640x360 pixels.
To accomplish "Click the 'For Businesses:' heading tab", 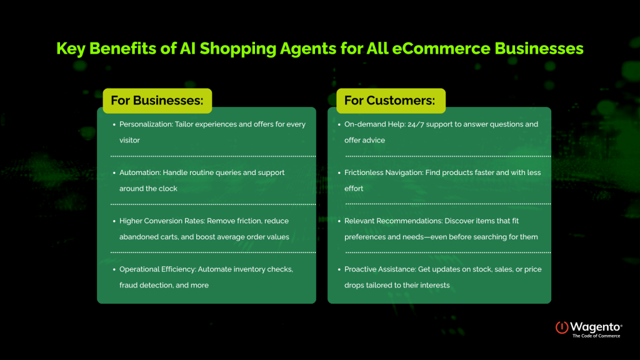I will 157,101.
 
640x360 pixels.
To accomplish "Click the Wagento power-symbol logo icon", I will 562,327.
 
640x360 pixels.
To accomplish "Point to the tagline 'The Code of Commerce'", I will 596,336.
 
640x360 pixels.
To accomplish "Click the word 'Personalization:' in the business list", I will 145,124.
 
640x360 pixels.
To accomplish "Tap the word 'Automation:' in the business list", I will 140,172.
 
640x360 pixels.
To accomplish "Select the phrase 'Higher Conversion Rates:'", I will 159,221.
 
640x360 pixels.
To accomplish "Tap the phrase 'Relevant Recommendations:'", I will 388,221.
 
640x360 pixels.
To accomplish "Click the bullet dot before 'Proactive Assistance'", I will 338,269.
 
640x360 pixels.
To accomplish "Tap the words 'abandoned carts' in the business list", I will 145,237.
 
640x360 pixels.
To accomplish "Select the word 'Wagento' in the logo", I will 594,326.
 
